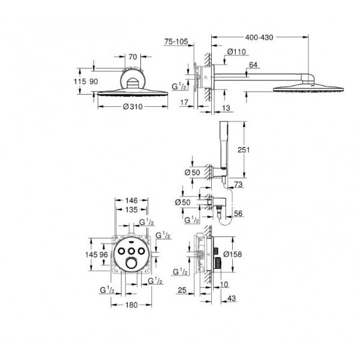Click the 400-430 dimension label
pos(259,37)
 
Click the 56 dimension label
pos(238,213)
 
